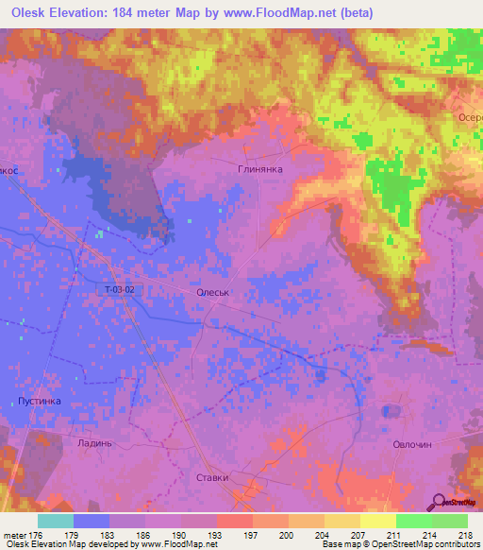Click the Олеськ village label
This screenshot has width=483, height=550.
[212, 294]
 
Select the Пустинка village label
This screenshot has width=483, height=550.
[39, 401]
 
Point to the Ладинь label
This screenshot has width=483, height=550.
[95, 442]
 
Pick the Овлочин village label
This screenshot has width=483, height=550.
[411, 443]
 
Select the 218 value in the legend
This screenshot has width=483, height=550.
[468, 534]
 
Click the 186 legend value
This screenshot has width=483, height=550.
[145, 534]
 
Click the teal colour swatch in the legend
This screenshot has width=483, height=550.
[56, 521]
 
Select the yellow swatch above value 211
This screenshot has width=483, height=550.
[377, 521]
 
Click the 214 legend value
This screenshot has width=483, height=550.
[432, 534]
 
